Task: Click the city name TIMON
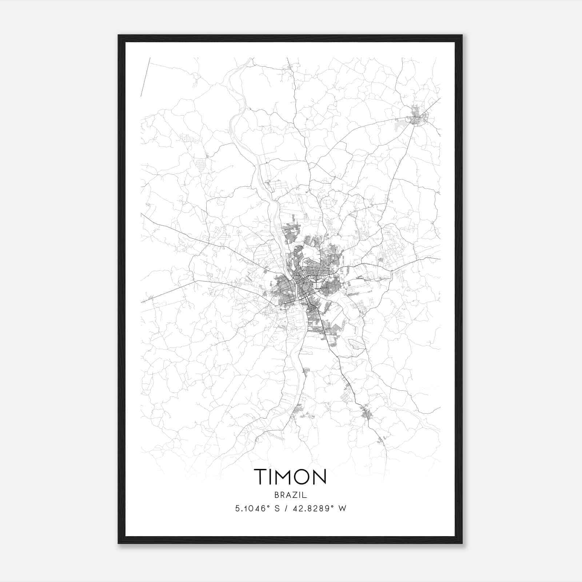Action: click(290, 477)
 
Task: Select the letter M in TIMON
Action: click(286, 477)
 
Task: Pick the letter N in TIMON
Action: click(320, 477)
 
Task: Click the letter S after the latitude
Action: click(277, 509)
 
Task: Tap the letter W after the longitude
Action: click(342, 509)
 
